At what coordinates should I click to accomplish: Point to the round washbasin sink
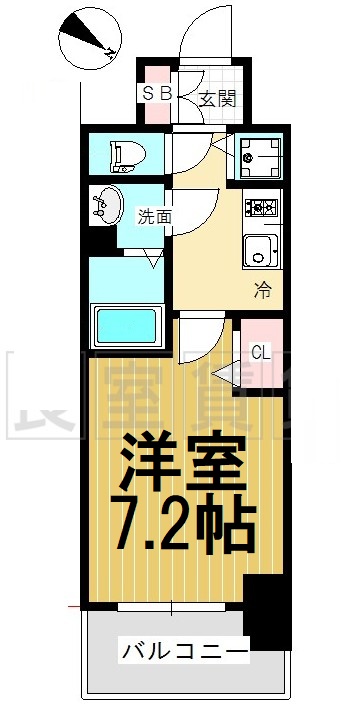point(106,205)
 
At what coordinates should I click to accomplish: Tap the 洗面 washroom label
point(154,214)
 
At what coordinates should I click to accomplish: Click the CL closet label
point(259,352)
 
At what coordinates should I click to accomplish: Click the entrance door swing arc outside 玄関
point(205,40)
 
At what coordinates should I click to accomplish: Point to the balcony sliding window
point(170,606)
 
